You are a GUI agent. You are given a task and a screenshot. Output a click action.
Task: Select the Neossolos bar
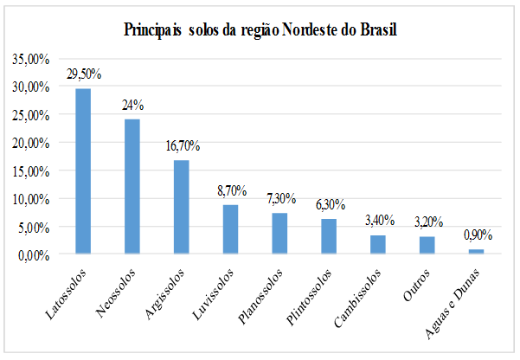(132, 187)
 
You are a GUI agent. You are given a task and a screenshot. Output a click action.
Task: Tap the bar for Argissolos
(181, 207)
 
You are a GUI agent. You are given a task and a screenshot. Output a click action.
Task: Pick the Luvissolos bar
(230, 229)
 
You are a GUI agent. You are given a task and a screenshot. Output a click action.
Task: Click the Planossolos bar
(279, 234)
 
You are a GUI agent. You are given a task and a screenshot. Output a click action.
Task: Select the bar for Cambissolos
(377, 245)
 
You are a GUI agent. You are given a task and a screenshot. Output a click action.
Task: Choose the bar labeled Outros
(427, 245)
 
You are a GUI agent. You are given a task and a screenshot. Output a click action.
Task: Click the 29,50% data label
(84, 75)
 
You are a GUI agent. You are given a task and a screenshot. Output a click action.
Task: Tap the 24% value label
(132, 105)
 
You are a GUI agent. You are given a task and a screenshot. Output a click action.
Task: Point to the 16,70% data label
(182, 146)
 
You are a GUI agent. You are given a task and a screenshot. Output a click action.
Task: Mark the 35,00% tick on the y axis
(30, 59)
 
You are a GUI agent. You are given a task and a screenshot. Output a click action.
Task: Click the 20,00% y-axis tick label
(30, 143)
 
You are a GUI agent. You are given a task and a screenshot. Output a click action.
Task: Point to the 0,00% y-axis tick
(33, 254)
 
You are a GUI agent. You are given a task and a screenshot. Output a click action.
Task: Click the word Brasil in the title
(379, 30)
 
